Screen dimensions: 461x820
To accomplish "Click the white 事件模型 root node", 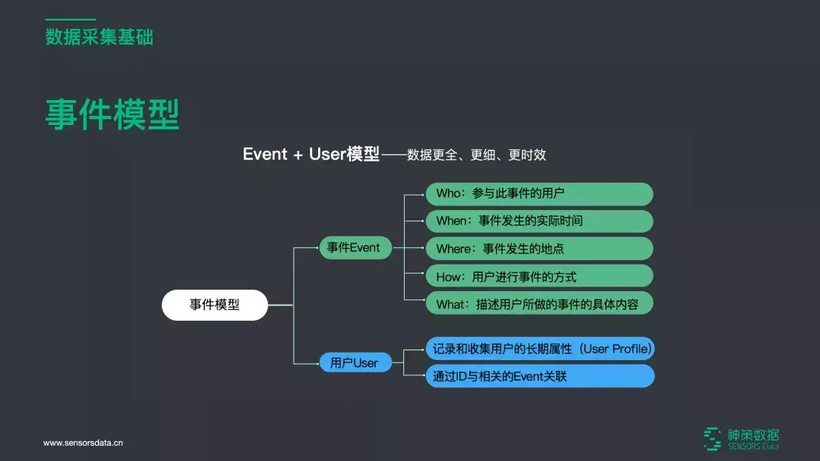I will click(x=215, y=305).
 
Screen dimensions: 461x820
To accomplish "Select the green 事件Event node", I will click(x=354, y=248).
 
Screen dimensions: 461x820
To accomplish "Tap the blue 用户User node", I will click(x=354, y=363).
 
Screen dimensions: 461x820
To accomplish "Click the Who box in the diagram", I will click(x=538, y=193).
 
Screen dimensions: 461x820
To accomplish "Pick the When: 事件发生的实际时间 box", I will click(x=538, y=221).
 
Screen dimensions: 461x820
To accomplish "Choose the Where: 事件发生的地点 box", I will click(x=538, y=249).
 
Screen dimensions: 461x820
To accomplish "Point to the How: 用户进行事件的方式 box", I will click(x=538, y=276).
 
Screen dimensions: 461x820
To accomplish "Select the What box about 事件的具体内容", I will click(x=538, y=304).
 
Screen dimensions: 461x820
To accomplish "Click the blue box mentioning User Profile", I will click(x=539, y=349).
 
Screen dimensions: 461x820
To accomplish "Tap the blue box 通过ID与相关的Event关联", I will click(x=539, y=376).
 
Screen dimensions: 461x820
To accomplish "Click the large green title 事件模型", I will click(x=112, y=114).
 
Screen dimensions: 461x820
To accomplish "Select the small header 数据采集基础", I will click(x=99, y=36).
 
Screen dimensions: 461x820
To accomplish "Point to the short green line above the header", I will click(x=71, y=19).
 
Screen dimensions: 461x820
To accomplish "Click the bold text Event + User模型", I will click(x=311, y=154).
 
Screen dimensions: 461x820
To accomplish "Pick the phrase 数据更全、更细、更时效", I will click(x=476, y=155).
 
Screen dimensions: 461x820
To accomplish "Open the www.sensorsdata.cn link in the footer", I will click(x=83, y=443).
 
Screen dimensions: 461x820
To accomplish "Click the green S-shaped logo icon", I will click(x=712, y=438).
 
